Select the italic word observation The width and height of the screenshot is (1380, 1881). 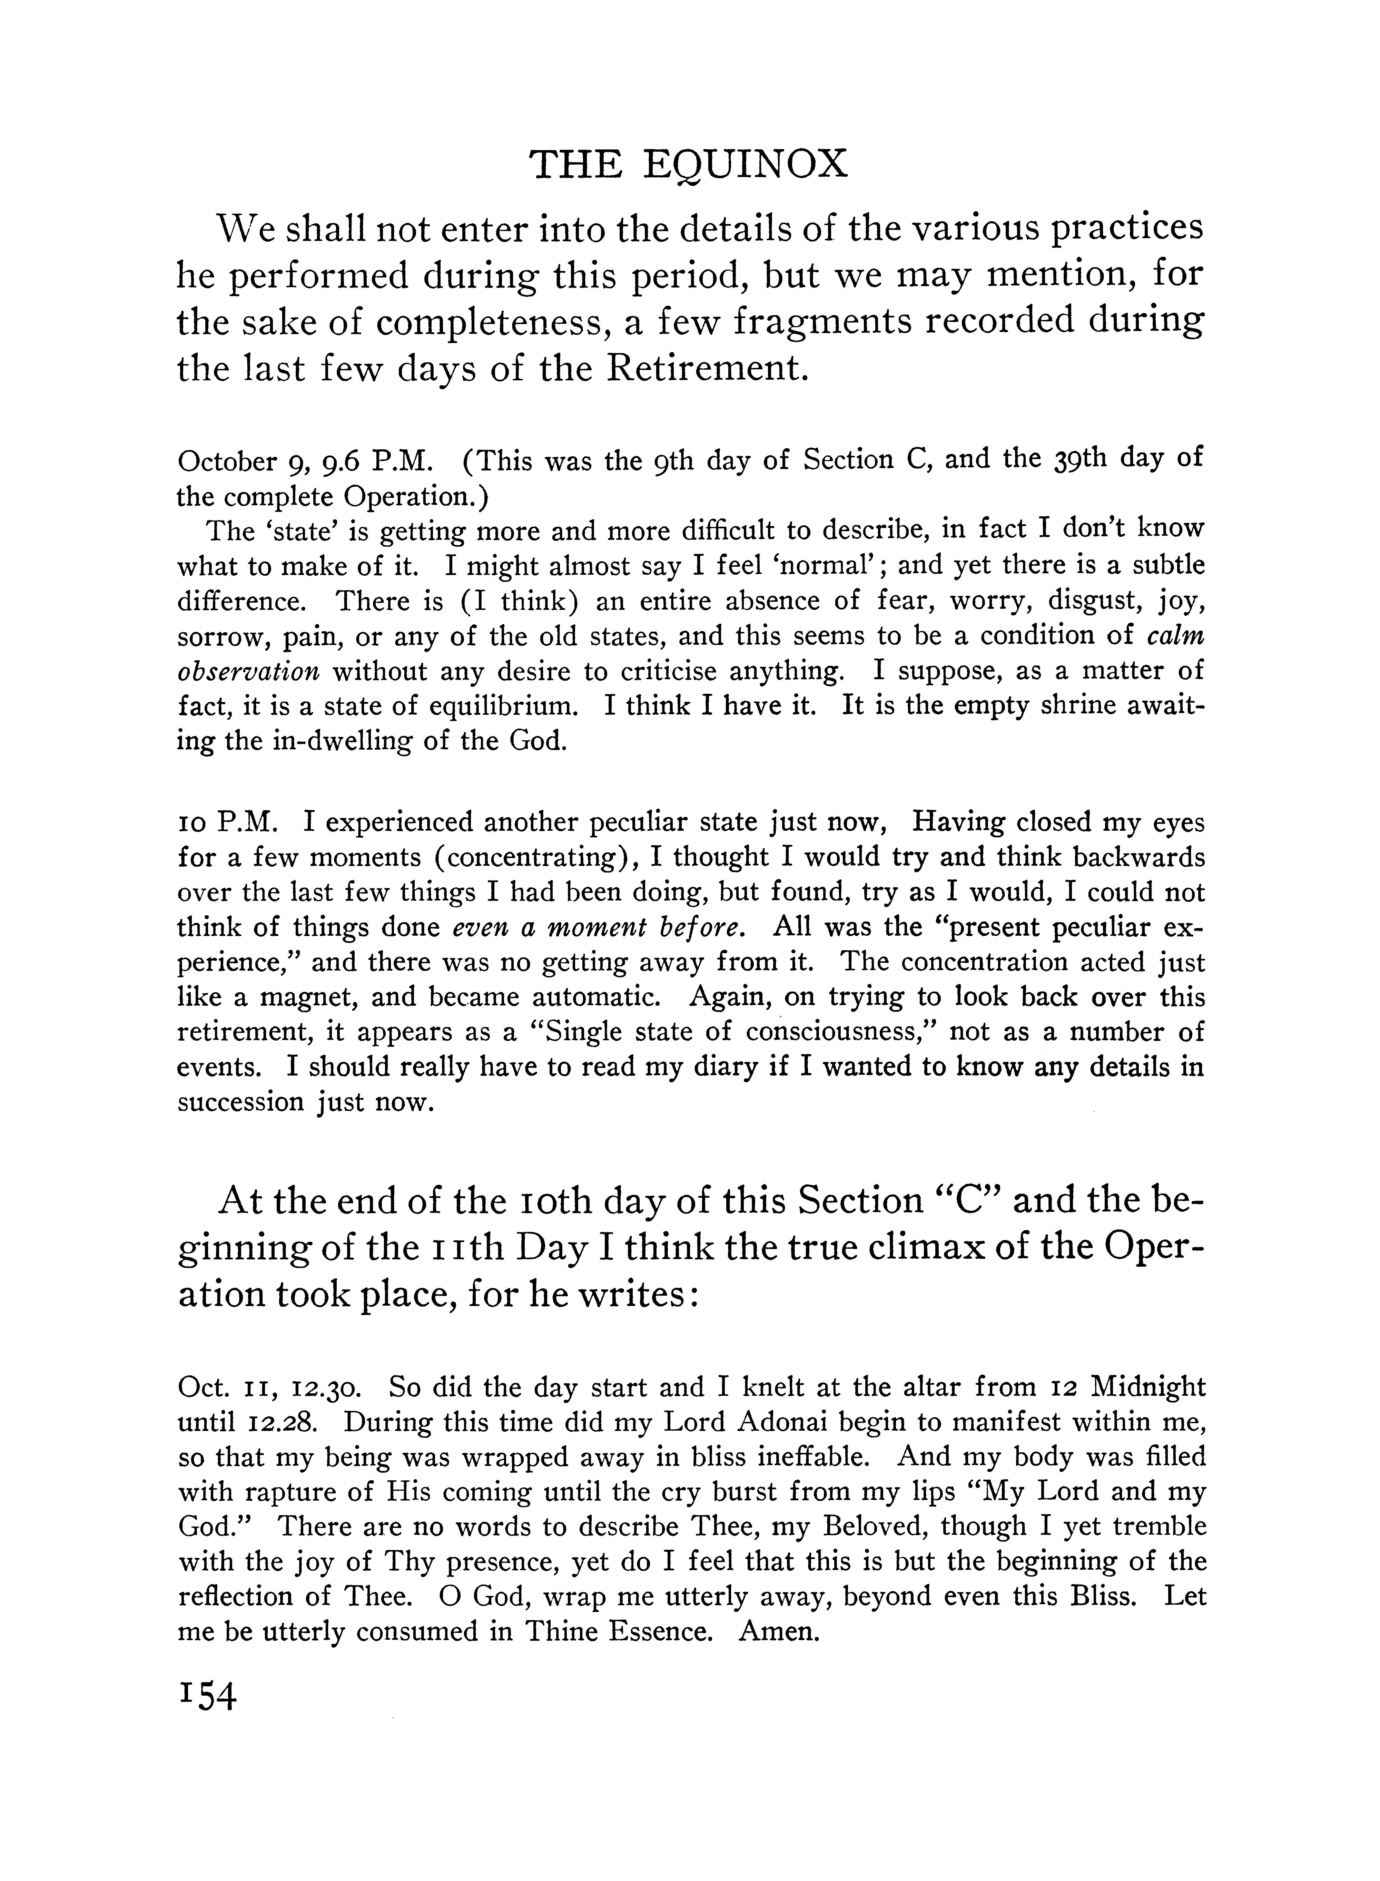tap(248, 671)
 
